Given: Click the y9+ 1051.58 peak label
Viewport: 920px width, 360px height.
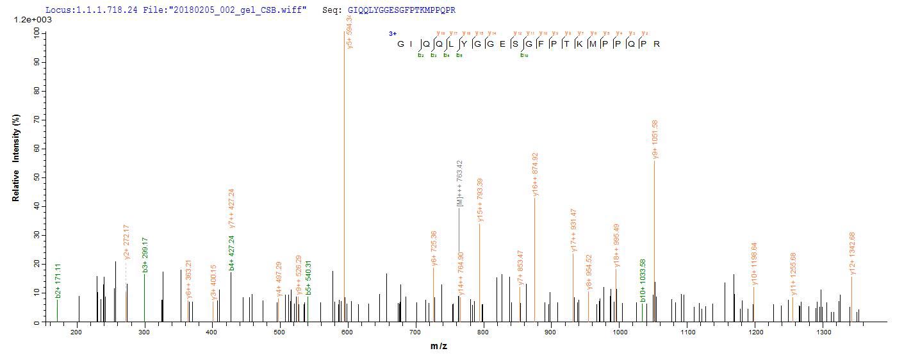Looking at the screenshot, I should (x=655, y=139).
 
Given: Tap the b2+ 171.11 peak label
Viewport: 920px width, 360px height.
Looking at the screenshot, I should (x=58, y=281).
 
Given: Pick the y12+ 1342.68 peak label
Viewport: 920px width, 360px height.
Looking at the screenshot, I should (x=852, y=254).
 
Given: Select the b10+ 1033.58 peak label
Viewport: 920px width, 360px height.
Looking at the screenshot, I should (x=643, y=281).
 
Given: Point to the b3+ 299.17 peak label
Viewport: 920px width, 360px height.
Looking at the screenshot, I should (x=145, y=255).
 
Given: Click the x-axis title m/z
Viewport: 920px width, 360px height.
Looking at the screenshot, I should (x=439, y=347).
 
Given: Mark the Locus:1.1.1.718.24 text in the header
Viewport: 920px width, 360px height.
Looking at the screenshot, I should (x=91, y=10).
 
